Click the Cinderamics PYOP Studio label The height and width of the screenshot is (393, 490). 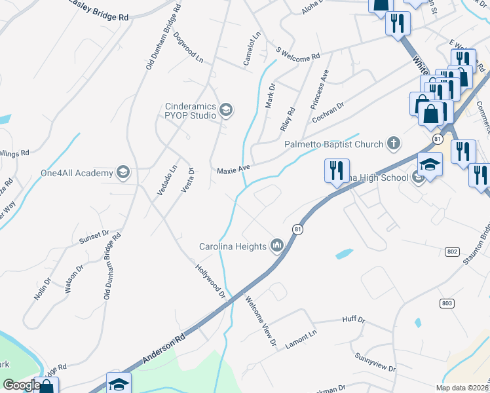pyautogui.click(x=190, y=111)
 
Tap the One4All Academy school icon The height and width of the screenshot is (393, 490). pyautogui.click(x=122, y=172)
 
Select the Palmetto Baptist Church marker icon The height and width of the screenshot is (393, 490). pyautogui.click(x=394, y=142)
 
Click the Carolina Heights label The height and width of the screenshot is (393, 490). pyautogui.click(x=233, y=246)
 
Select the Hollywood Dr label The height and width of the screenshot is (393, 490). pyautogui.click(x=210, y=280)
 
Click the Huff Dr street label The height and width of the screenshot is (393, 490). pyautogui.click(x=353, y=320)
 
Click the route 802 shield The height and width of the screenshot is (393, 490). pyautogui.click(x=451, y=251)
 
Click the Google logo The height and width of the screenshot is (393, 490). pyautogui.click(x=20, y=385)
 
